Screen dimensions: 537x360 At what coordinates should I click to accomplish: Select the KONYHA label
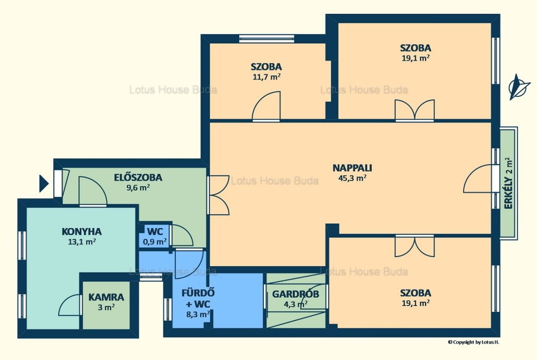pos(82,232)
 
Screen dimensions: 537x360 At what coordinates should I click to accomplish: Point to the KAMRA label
pos(106,297)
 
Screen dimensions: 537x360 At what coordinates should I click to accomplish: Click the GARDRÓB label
pos(296,294)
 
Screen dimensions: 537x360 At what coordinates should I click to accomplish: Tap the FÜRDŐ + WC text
pos(198,299)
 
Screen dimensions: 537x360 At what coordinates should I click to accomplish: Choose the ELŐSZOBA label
pos(138,177)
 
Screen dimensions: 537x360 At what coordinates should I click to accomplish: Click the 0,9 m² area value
pos(155,242)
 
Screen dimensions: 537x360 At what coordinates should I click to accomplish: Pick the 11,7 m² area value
pos(267,77)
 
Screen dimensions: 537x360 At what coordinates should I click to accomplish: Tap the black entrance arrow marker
pos(44,183)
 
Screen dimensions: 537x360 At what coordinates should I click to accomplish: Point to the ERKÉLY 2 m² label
pos(509,183)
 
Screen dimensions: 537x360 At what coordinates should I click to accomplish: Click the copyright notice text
pos(473,342)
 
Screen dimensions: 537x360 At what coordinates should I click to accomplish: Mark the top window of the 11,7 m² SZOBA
pos(267,39)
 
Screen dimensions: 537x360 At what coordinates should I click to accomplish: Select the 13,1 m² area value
pos(82,242)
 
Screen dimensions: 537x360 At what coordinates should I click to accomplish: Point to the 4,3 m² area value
pos(296,304)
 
